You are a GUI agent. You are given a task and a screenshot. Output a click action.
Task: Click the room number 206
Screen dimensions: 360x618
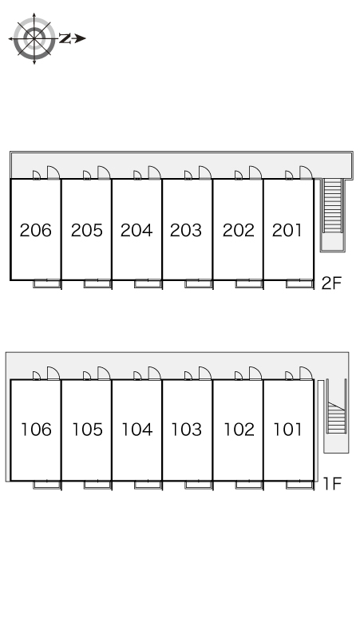[x=35, y=230]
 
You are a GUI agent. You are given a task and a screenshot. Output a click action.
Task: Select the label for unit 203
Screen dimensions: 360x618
[x=185, y=230]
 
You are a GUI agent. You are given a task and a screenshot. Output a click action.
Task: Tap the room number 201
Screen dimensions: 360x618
[x=287, y=230]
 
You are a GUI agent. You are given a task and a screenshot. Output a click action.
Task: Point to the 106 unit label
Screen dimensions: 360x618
[x=36, y=430]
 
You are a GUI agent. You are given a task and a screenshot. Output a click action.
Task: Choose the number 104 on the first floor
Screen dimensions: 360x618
[x=137, y=430]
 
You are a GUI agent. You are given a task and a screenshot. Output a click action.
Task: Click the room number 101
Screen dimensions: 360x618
[x=288, y=430]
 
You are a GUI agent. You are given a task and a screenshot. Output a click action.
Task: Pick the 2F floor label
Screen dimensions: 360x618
[x=331, y=283]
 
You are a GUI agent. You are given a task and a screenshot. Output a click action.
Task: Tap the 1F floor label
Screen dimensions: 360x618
[x=332, y=483]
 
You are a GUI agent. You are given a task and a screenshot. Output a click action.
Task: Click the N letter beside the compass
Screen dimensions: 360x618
[x=65, y=38]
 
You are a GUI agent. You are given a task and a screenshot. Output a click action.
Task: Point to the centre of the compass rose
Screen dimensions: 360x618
[x=34, y=38]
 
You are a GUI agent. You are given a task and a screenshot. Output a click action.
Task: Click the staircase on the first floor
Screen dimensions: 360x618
[x=336, y=416]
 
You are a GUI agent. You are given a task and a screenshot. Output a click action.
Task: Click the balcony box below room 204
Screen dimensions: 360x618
[x=148, y=283]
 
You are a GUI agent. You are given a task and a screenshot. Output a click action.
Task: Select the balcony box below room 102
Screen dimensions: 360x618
[x=249, y=485]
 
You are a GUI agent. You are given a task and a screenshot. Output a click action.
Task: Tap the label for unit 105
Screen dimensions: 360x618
[x=87, y=430]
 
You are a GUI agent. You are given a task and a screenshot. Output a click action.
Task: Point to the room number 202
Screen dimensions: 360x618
[x=239, y=230]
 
